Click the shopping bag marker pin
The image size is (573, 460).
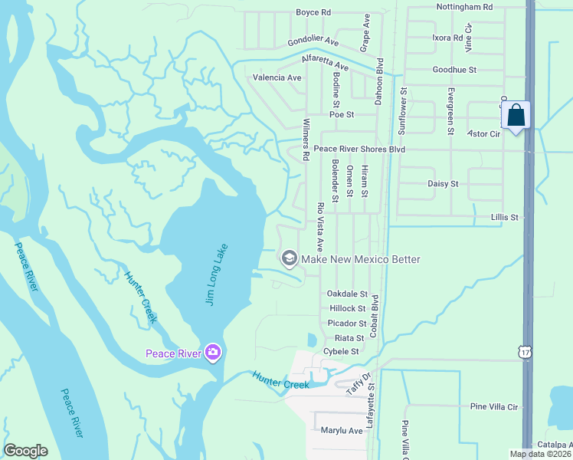(x=517, y=116)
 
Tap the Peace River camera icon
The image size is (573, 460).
(x=213, y=353)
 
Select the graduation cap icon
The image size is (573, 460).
(x=290, y=258)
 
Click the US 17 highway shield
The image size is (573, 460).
(x=525, y=352)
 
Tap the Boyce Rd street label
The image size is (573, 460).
(x=314, y=13)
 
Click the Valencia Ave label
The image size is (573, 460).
(x=277, y=77)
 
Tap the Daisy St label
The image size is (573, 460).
(x=442, y=184)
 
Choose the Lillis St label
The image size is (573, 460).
(x=504, y=218)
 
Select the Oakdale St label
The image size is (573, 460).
(x=347, y=294)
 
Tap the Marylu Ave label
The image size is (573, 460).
(x=342, y=431)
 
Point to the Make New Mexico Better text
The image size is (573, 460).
(x=361, y=259)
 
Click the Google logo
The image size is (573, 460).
(x=25, y=451)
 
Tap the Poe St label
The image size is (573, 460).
(x=342, y=114)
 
